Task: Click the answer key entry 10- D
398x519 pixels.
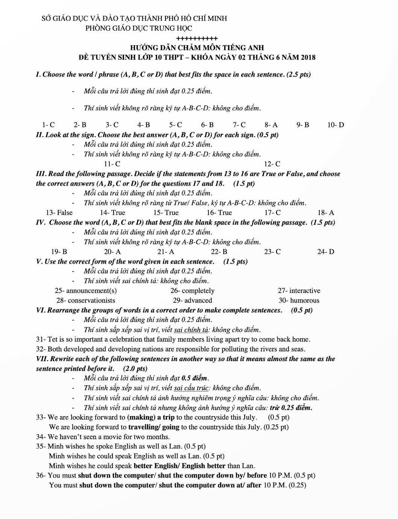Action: tap(336, 125)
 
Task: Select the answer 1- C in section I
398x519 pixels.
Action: tap(48, 125)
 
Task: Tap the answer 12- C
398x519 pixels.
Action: tap(272, 164)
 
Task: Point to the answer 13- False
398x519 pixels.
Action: tap(59, 212)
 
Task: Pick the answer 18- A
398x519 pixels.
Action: tap(325, 212)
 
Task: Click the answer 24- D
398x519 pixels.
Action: tap(325, 252)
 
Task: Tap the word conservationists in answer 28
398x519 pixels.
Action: tap(91, 301)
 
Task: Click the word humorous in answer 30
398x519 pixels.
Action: tap(305, 301)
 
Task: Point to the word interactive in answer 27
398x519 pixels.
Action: tap(305, 291)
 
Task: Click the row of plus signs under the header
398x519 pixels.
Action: tap(197, 38)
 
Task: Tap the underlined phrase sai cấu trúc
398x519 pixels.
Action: tap(191, 388)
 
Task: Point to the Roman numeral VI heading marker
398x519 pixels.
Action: tap(41, 310)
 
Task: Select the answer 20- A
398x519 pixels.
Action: tap(112, 252)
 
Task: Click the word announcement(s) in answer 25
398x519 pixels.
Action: tap(91, 291)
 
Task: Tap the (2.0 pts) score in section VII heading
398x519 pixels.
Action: tap(135, 368)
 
